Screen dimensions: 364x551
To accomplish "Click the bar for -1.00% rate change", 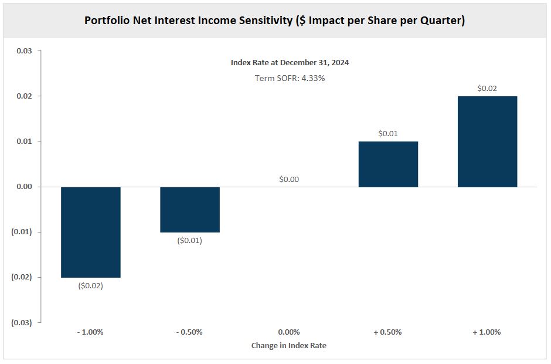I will click(91, 232).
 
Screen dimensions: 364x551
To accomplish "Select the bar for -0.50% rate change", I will click(190, 210).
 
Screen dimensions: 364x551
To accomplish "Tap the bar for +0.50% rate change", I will click(388, 164).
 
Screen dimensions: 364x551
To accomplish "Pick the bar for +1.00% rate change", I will click(487, 141).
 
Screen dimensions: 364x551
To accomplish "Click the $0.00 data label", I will click(289, 179).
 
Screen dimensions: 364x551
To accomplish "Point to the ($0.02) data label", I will click(90, 286).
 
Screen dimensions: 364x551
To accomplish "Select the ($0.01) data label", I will click(189, 241).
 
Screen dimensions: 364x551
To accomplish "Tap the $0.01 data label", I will click(388, 133).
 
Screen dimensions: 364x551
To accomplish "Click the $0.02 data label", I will click(487, 88).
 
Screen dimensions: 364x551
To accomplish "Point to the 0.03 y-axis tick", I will click(24, 51).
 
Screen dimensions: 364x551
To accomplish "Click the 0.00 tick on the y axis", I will click(24, 187).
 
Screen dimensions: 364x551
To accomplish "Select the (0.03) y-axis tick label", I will click(22, 322).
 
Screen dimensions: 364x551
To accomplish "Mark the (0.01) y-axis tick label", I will click(22, 232).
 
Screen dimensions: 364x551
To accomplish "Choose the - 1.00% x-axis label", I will click(90, 332).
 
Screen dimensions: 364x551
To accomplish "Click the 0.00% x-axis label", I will click(289, 332).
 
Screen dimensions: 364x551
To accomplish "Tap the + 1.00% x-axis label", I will click(487, 332).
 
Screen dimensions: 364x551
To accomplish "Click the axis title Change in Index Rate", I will click(289, 346).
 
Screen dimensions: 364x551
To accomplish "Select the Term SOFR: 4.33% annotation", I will click(290, 77).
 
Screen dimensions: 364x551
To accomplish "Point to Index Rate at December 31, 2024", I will click(290, 62).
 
